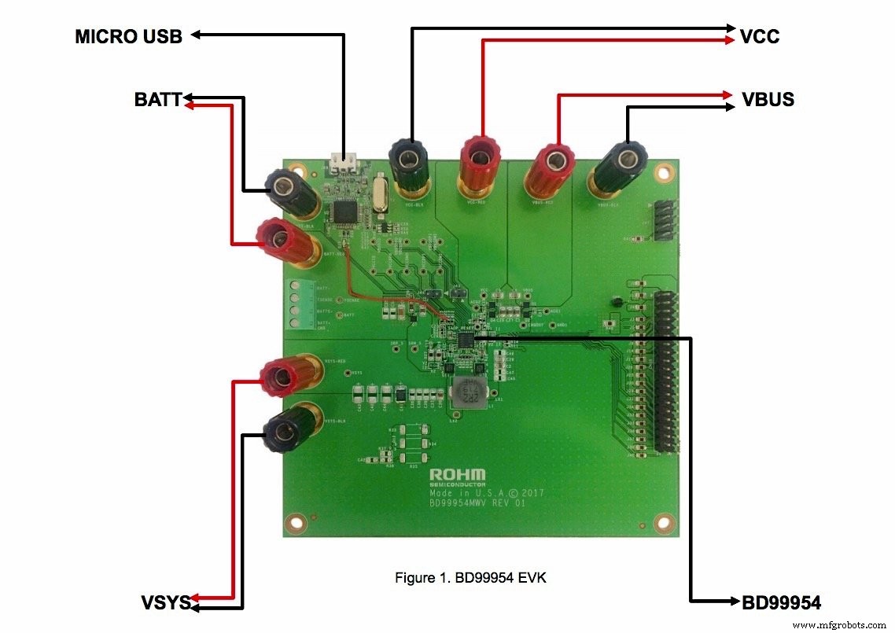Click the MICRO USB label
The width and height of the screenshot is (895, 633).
[x=129, y=36]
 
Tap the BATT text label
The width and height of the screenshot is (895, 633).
[x=158, y=100]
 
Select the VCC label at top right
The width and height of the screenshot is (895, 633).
[x=760, y=36]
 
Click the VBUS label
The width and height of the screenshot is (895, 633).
[x=768, y=100]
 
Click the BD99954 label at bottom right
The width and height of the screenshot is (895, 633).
[x=782, y=603]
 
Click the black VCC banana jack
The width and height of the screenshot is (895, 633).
[x=409, y=163]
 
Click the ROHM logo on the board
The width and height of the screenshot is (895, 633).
[x=458, y=475]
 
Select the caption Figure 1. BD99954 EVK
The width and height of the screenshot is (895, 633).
[x=470, y=578]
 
